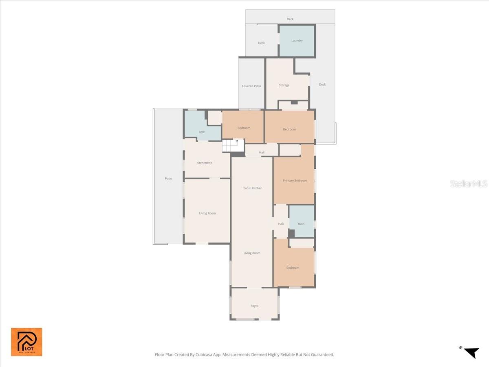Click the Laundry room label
pos(297,40)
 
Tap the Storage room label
pos(284,85)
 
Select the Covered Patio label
pos(251,86)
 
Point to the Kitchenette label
pos(204,163)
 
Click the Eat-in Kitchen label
pos(253,188)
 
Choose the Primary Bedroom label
pos(295,180)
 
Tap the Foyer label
pos(254,306)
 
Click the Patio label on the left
pos(168,179)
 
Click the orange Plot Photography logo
pos(26,342)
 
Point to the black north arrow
pos(471,352)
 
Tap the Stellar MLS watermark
pos(469,184)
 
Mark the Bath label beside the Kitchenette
pos(202,132)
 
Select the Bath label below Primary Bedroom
pos(301,224)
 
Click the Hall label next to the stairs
pos(262,153)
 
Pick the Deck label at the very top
pos(290,19)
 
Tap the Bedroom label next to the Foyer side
pos(293,268)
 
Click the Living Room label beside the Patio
pos(207,213)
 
